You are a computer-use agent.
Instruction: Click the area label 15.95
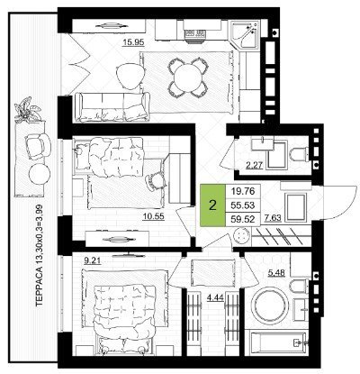133,42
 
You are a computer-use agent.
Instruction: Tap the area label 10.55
153,216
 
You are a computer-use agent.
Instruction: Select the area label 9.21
92,260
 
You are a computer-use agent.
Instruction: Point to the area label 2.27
254,165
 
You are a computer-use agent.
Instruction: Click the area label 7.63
273,218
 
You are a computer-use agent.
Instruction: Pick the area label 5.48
275,273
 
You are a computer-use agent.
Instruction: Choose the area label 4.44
216,297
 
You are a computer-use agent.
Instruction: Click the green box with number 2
212,205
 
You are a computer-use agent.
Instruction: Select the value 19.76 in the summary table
243,191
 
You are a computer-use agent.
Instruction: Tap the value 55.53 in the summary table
243,205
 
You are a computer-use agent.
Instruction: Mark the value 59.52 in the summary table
243,220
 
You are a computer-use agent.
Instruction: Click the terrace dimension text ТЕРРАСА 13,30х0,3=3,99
40,255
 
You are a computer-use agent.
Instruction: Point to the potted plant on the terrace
27,110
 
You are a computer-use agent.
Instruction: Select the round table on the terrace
40,175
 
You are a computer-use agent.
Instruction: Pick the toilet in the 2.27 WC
299,154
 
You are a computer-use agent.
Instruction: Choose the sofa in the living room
112,107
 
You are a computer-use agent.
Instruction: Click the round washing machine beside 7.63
242,235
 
